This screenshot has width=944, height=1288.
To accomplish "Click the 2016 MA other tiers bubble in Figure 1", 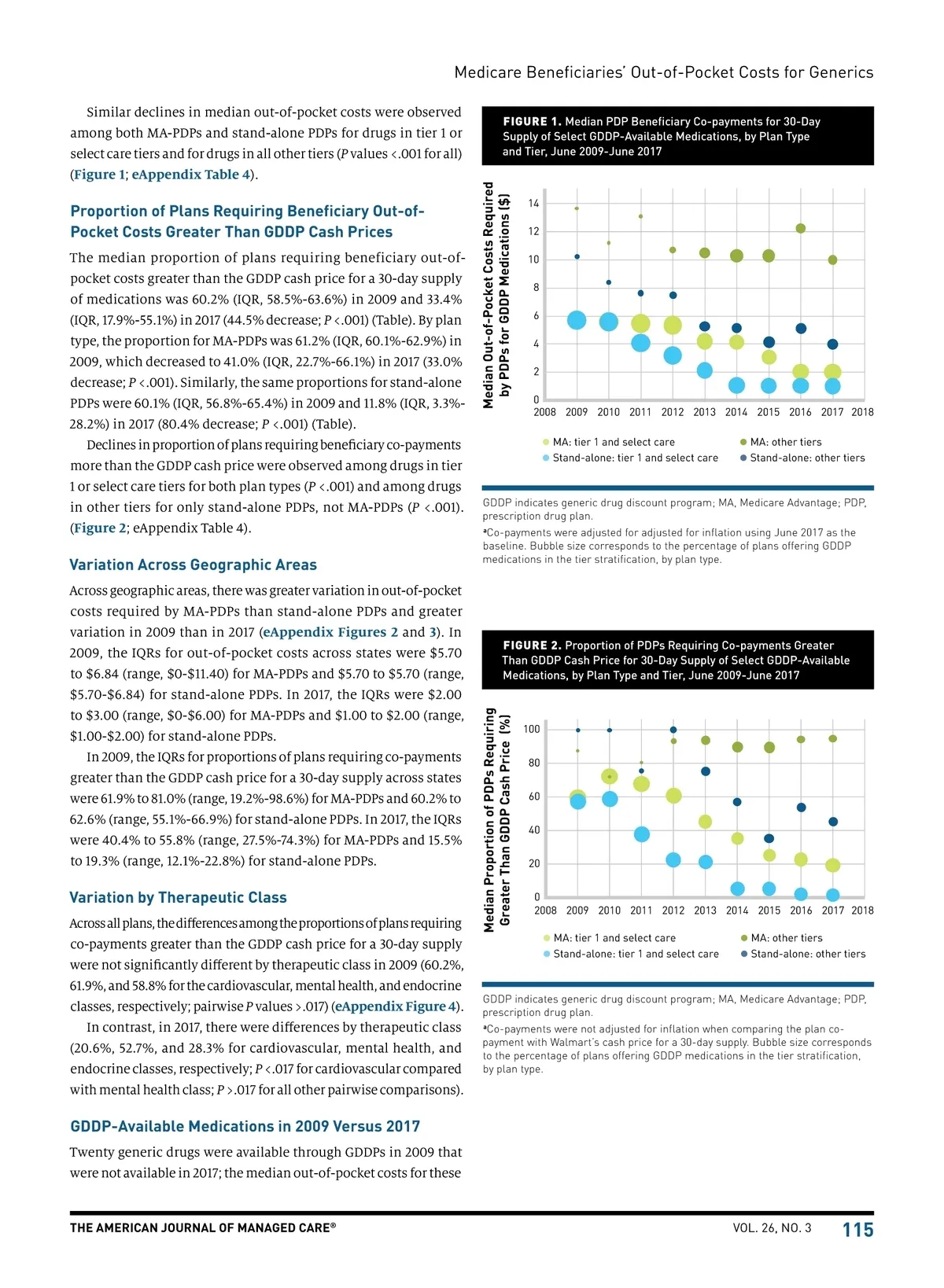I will pos(801,229).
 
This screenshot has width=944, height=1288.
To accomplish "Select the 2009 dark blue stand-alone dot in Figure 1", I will pos(577,256).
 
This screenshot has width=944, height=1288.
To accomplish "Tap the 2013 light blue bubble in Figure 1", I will pos(705,370).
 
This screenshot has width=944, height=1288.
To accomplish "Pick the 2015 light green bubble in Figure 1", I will pos(769,357).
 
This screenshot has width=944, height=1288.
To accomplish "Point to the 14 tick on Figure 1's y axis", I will pos(534,204).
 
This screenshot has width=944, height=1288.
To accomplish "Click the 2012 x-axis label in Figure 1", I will pos(673,412).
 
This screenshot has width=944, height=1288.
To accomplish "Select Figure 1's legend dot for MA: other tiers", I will pos(743,442).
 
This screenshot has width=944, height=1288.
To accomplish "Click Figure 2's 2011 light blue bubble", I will pos(642,834).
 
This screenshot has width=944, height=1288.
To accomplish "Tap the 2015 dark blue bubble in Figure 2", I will pos(769,838).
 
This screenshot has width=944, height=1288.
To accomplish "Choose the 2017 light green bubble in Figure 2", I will pos(833,865).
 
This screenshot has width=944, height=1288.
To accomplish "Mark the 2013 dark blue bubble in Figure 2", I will pos(706,771).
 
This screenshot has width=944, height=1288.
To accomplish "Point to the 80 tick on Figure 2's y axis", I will pos(534,763).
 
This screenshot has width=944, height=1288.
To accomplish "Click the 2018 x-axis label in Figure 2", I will pos(862,911).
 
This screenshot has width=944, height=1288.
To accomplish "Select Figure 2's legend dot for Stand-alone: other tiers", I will pos(744,954).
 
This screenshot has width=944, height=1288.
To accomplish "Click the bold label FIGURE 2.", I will pos(532,646).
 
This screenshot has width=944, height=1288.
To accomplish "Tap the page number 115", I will pos(857,1230).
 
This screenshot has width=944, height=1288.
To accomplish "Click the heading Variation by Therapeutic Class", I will pos(178,898).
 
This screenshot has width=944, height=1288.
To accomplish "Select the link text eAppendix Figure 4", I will pos(396,1006).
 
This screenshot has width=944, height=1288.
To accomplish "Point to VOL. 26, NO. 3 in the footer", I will pos(772,1228).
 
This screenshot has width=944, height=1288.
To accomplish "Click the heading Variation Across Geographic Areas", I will pos(193,565).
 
